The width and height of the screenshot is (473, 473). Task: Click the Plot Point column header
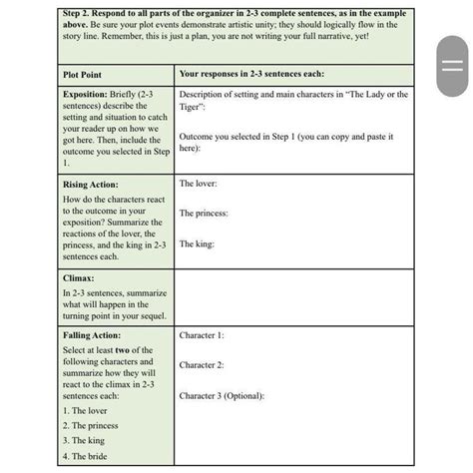pos(85,75)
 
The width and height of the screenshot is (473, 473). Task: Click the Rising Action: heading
pos(90,185)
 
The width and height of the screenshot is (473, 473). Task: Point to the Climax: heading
pos(79,278)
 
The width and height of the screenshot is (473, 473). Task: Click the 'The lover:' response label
pos(198,184)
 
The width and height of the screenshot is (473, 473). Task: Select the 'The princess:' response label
pos(204,214)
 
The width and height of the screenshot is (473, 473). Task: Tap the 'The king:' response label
pos(197,243)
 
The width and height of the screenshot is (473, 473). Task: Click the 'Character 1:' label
pos(202,336)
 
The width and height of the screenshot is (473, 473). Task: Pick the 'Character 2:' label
pos(202,365)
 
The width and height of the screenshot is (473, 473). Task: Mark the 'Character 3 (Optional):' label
pos(222,395)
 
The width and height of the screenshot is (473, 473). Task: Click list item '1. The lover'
pos(85,411)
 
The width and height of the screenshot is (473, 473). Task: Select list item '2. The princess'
pos(91,426)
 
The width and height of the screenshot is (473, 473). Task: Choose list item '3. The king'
pos(84,441)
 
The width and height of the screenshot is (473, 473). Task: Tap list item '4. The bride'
pos(85,457)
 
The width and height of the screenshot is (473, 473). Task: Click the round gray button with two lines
pos(452,64)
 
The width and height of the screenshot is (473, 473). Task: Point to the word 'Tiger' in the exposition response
pos(191,106)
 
